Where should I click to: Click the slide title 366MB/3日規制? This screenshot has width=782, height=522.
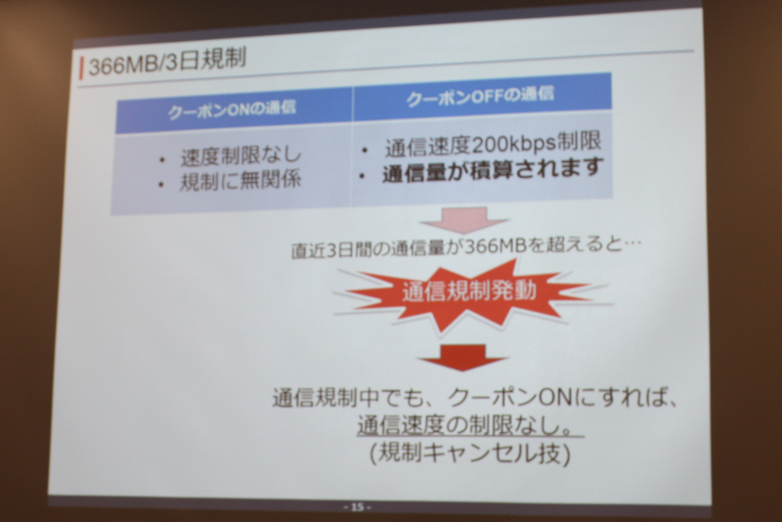click(167, 62)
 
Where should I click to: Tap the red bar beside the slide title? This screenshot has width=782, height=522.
click(81, 67)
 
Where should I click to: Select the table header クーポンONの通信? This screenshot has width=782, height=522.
click(232, 109)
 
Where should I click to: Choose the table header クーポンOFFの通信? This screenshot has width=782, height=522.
click(480, 96)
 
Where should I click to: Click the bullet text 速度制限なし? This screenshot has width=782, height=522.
click(241, 156)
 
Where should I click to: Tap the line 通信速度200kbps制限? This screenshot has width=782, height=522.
click(493, 144)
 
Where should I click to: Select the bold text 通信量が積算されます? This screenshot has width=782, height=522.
click(493, 170)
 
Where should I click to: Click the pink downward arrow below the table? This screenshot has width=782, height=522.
click(463, 220)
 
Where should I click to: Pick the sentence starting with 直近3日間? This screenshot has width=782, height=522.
click(466, 247)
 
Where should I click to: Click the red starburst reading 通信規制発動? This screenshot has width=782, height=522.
click(469, 294)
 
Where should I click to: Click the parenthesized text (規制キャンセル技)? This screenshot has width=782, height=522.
click(470, 454)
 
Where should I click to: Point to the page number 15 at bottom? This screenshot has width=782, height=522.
click(357, 507)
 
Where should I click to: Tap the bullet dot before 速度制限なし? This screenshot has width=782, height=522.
click(161, 160)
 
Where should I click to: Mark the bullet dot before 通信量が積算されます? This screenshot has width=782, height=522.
click(362, 176)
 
